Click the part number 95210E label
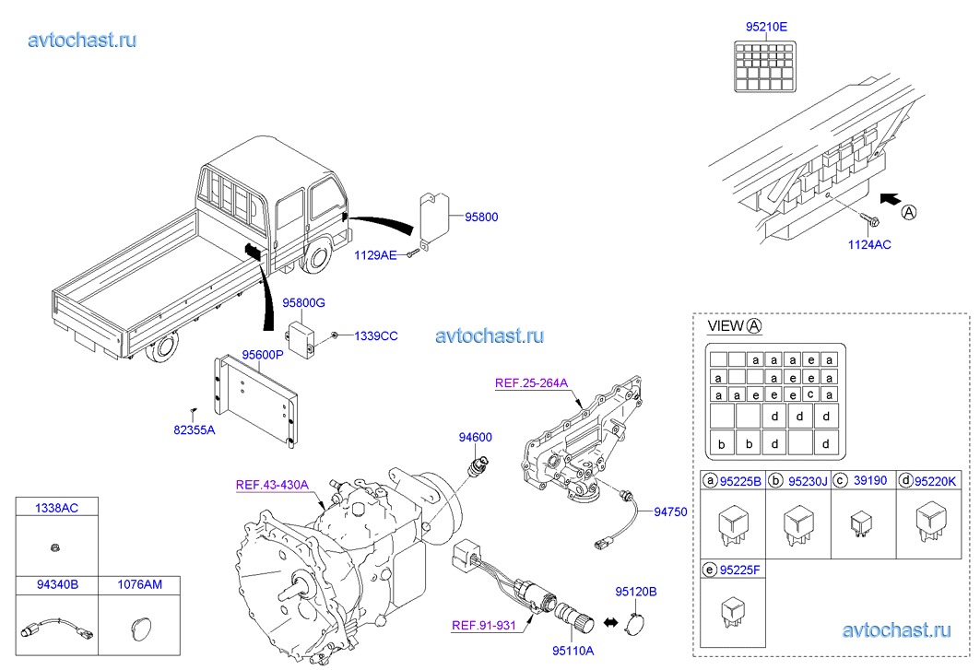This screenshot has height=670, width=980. point(766,27)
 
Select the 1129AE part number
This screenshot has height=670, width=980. point(375,254)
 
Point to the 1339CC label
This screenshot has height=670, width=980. point(375,336)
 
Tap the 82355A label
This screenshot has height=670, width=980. point(194,429)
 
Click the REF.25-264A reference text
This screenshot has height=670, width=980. point(530,383)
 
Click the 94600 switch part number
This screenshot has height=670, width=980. point(476,438)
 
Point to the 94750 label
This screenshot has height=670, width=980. point(671,511)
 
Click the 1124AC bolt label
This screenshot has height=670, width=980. point(870,244)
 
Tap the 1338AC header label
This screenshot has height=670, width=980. point(56,508)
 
